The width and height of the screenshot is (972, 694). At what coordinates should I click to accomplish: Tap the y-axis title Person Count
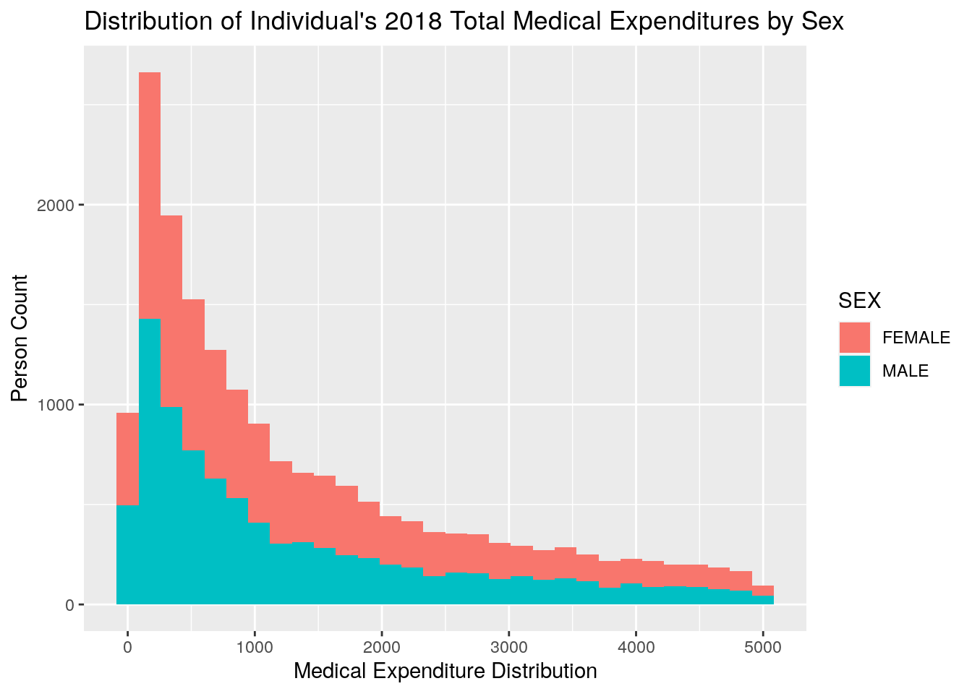(x=20, y=338)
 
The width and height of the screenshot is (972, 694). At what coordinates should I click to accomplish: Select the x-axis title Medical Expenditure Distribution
(x=445, y=671)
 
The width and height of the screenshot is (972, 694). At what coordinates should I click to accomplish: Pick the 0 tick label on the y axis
(x=70, y=605)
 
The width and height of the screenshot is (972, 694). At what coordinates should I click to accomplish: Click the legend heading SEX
(x=859, y=300)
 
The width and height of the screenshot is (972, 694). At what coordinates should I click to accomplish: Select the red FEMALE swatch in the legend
(x=855, y=338)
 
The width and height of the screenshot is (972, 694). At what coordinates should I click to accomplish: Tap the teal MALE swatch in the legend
(x=855, y=371)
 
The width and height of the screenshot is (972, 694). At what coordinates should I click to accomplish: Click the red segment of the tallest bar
(x=150, y=195)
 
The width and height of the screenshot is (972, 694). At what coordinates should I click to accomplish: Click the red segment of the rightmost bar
(x=763, y=591)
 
